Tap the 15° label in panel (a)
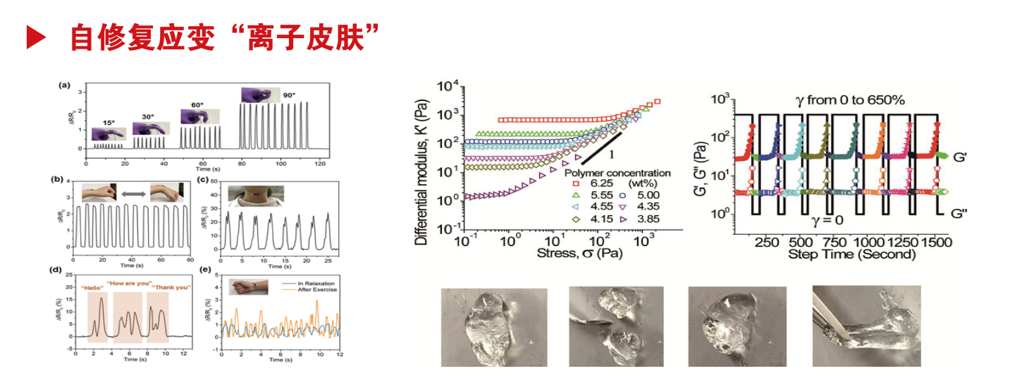click(x=108, y=121)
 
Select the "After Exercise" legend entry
click(x=317, y=289)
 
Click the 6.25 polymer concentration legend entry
click(x=599, y=183)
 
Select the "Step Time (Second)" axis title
click(x=852, y=253)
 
